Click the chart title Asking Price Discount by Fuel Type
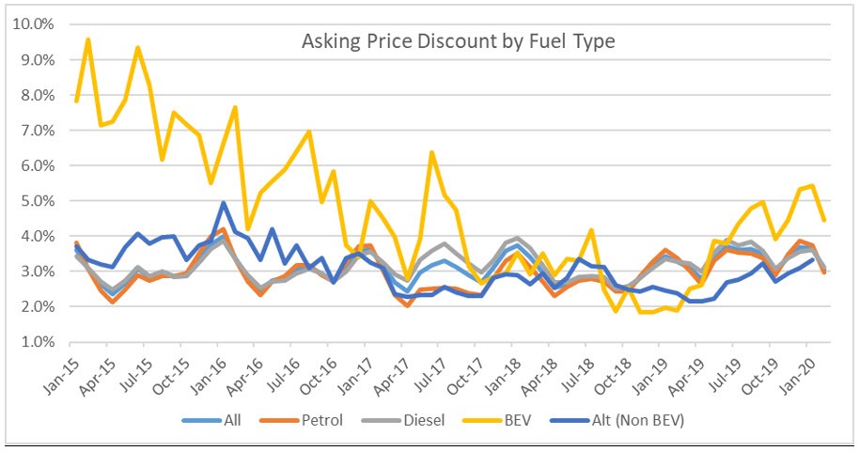coord(459,42)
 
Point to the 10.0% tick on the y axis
coord(34,24)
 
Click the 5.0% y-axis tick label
coord(37,201)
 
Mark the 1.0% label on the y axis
coord(37,342)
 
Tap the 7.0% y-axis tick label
coord(37,131)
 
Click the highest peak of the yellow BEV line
coord(88,39)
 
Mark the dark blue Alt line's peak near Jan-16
coord(224,203)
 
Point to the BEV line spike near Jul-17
coord(431,152)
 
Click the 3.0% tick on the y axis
coord(37,272)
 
